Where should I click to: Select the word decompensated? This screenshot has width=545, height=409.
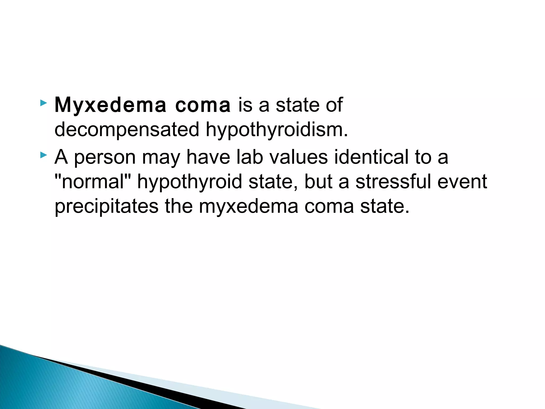127,130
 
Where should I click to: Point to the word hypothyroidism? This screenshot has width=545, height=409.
277,130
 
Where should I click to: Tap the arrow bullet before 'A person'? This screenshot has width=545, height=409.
43,155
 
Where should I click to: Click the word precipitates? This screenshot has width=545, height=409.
106,206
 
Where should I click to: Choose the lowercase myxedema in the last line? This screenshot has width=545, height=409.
248,206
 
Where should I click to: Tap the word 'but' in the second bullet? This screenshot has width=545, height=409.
319,182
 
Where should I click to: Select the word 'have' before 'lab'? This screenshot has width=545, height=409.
208,157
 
